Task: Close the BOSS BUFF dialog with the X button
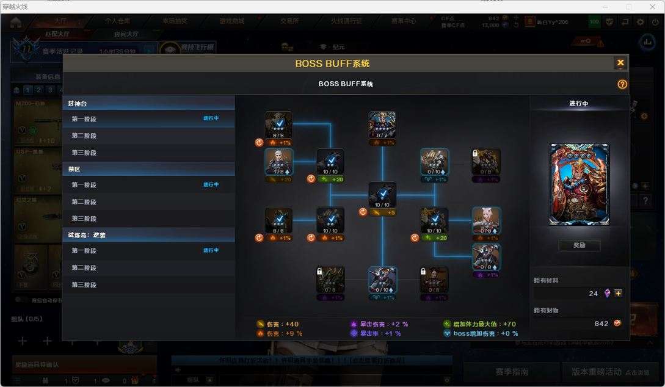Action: coord(620,63)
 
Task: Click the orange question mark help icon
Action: coord(622,84)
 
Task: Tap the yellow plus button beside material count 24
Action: coord(619,293)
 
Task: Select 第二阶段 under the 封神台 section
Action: coord(84,136)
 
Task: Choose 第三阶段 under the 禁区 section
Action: coord(84,219)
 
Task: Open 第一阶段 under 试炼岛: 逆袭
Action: coord(84,250)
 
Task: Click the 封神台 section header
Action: coord(78,104)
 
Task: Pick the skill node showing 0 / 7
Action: coord(382,125)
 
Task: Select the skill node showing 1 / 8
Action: coord(278,162)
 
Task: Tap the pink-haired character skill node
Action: coord(486,220)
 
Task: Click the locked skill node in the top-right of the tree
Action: coord(486,162)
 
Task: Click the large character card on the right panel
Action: coord(579,184)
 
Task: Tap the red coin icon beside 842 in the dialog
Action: coord(617,323)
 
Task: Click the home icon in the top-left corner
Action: coord(15,22)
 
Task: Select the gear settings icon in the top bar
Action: coord(640,22)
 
